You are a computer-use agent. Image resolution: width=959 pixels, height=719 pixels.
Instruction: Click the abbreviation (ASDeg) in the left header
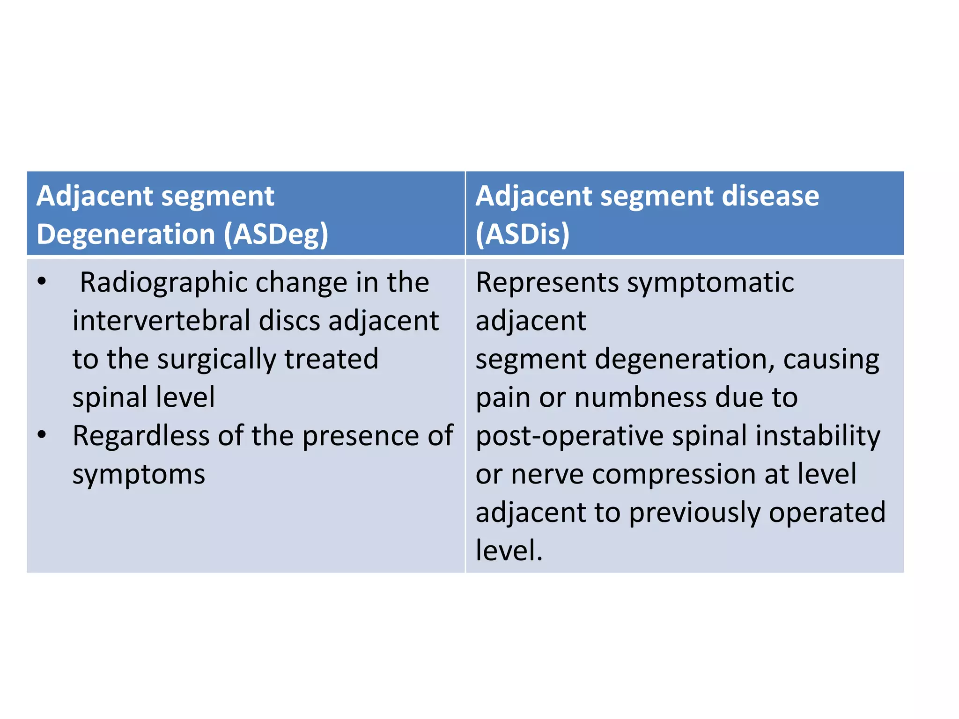[x=276, y=234]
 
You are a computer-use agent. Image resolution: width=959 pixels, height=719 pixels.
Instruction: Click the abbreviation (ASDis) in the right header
[x=523, y=234]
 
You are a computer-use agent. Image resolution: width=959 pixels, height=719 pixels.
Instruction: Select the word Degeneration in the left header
[x=125, y=234]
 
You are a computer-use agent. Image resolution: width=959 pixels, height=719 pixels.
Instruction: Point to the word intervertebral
[x=162, y=321]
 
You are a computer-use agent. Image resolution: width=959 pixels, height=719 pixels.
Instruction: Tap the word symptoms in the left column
[x=139, y=475]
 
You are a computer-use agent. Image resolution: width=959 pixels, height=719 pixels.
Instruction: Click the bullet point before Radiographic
[x=42, y=282]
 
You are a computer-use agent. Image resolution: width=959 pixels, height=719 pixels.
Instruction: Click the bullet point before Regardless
[x=42, y=435]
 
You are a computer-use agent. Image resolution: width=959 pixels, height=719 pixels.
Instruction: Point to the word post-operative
[x=570, y=436]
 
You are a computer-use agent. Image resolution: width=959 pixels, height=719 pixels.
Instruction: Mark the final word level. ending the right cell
[x=509, y=550]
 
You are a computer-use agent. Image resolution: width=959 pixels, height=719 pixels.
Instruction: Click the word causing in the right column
[x=831, y=359]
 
